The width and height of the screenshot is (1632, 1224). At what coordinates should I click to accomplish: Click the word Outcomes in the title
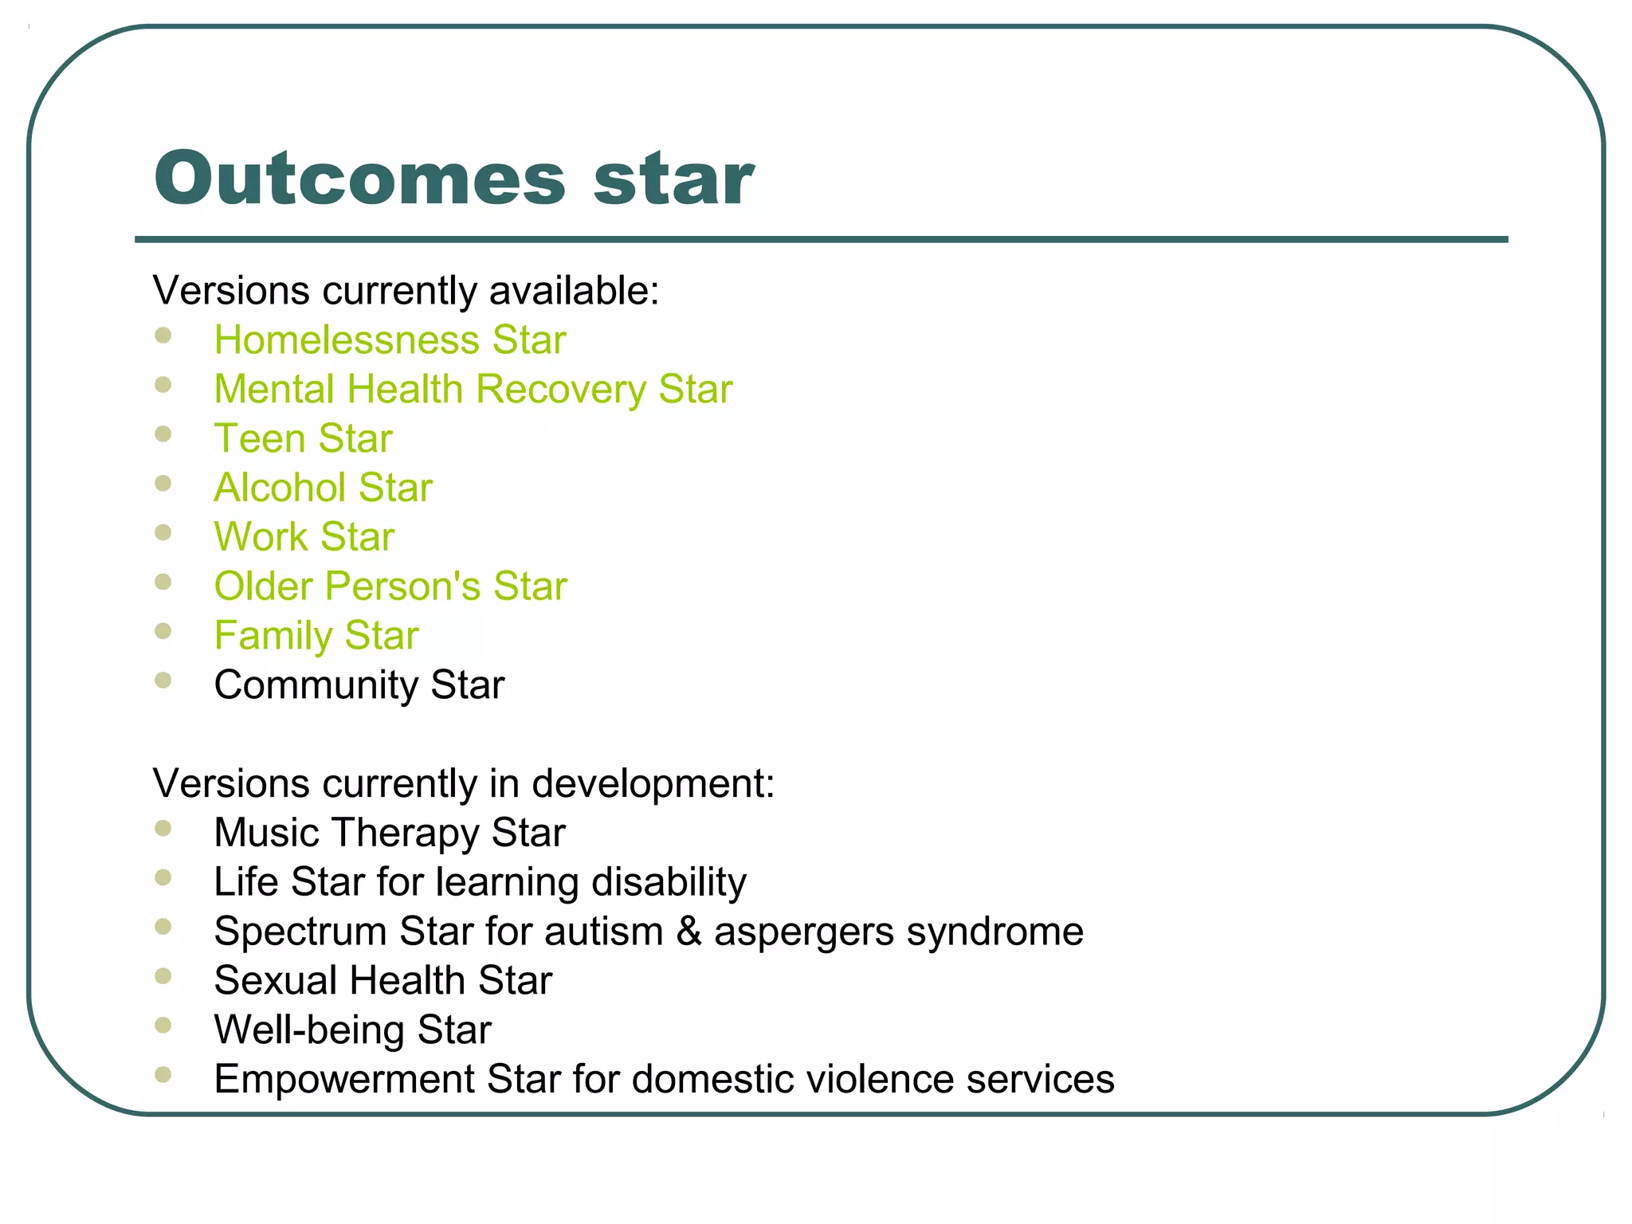click(360, 178)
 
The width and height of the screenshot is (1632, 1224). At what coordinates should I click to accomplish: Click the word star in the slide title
click(673, 178)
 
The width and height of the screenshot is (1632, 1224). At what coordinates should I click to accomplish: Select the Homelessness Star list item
click(390, 340)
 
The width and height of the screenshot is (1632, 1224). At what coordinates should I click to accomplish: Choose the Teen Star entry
click(303, 439)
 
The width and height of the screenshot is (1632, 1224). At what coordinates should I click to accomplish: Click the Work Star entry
click(304, 537)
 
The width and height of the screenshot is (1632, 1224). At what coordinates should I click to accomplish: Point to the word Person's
click(402, 586)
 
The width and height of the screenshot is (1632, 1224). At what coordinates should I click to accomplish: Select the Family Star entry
click(316, 636)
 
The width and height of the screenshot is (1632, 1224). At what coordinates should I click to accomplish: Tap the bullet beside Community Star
click(163, 681)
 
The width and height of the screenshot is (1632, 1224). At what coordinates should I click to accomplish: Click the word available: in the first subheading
click(574, 291)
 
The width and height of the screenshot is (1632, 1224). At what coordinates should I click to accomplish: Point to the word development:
click(653, 784)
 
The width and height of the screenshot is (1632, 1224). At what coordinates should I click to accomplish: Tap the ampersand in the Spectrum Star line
click(688, 932)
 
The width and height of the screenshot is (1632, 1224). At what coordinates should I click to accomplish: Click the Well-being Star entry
click(352, 1030)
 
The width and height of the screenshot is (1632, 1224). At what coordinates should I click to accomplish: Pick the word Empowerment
click(344, 1080)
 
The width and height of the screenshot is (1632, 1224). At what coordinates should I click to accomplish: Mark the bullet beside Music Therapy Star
click(163, 829)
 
